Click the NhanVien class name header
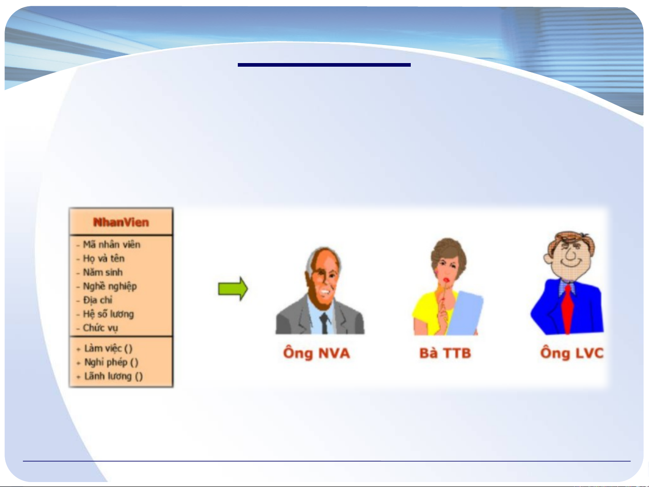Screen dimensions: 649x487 tap(121, 222)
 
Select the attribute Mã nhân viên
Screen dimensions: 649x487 tap(111, 245)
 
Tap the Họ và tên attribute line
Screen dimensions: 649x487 tap(104, 259)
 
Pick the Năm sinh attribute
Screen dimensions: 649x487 tap(103, 272)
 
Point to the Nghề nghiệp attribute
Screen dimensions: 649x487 tap(110, 287)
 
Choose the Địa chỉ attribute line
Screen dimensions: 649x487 tap(98, 300)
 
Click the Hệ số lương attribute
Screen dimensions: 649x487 tap(108, 314)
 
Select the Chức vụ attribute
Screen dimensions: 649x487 tap(100, 328)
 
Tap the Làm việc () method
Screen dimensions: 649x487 tap(108, 349)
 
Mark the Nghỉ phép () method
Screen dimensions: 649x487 tap(111, 363)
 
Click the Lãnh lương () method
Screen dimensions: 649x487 tap(113, 377)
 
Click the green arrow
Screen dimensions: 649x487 tap(233, 289)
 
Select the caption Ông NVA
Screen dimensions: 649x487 tap(316, 354)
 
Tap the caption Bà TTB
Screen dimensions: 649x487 tap(445, 353)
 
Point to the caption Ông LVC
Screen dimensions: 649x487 tap(572, 354)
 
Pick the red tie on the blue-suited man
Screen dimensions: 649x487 tap(567, 309)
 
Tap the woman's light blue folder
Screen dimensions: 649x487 tap(466, 314)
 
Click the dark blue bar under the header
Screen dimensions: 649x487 tap(324, 65)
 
